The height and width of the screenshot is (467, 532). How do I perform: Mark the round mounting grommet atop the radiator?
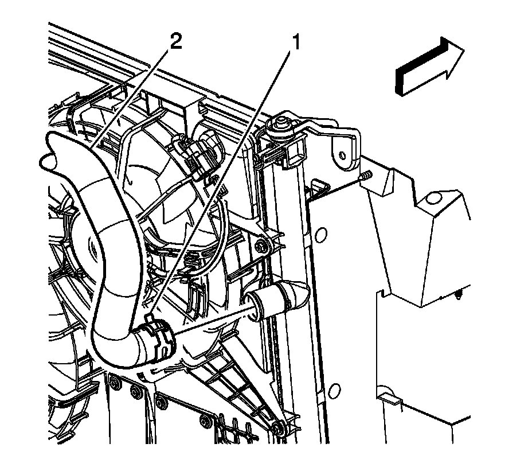pos(281,123)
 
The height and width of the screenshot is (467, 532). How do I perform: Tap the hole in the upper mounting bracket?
pos(342,154)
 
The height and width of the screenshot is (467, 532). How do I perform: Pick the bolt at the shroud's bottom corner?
pos(279,427)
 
